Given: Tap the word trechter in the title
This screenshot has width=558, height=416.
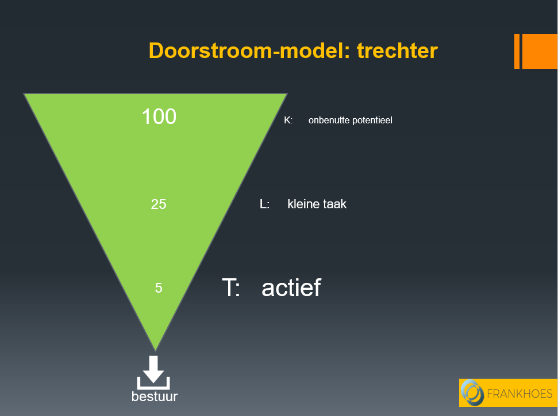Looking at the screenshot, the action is click(397, 50).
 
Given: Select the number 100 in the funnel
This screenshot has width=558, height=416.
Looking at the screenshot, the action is click(159, 116).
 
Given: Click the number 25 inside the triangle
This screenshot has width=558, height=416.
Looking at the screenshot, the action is click(159, 204).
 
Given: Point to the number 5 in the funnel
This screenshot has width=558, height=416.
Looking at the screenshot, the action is click(159, 287).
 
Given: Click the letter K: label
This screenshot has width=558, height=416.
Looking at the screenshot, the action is click(288, 120).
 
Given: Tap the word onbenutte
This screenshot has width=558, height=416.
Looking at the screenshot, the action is click(329, 120).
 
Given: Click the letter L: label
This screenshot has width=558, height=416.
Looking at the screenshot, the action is click(264, 204).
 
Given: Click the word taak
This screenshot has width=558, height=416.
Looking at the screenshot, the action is click(334, 204).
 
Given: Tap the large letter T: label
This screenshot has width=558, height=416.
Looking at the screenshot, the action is click(231, 287).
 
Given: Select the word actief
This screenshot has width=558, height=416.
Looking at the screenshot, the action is click(291, 287).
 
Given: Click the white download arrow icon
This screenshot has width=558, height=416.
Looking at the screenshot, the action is click(153, 372).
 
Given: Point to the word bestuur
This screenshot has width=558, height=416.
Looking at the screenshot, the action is click(155, 396).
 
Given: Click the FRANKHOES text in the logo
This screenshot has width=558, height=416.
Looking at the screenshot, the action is click(519, 394).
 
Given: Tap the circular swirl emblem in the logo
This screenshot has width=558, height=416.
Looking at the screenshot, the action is click(472, 392).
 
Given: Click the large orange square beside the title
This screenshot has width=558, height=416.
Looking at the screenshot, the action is click(540, 52).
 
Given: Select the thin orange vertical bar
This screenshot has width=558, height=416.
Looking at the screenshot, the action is click(517, 52).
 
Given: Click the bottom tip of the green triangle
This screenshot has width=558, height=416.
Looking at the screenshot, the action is click(156, 351).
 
